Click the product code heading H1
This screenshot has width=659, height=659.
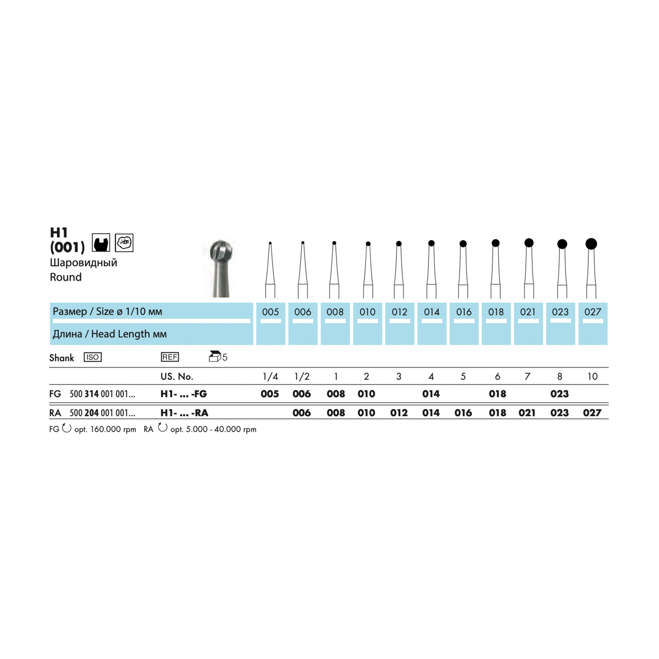tap(59, 232)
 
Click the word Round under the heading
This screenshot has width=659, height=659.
tap(66, 277)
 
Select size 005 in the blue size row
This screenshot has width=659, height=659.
tap(271, 312)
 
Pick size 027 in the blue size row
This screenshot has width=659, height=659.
tap(593, 312)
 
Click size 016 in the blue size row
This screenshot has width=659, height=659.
tap(464, 312)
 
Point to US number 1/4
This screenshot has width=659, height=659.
tap(270, 377)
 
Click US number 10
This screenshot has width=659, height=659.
tap(592, 377)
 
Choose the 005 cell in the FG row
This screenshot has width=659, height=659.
tap(270, 394)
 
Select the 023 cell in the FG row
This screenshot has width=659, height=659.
tap(560, 394)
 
